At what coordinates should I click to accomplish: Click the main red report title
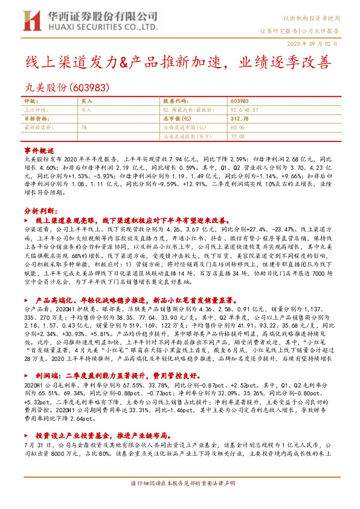[x=178, y=63]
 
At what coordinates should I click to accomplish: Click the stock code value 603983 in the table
[x=239, y=100]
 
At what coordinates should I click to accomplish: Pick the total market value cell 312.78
[x=239, y=118]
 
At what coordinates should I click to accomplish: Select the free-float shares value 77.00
[x=237, y=137]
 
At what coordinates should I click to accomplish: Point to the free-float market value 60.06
[x=237, y=128]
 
